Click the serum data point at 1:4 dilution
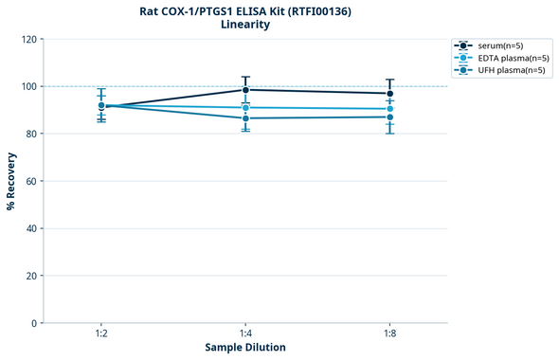tap(245, 90)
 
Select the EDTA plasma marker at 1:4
tap(245, 108)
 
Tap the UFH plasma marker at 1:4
tap(245, 118)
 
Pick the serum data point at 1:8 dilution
tap(390, 94)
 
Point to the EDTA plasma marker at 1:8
tap(390, 109)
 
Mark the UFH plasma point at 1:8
tap(390, 117)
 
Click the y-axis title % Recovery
tap(11, 181)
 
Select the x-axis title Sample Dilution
tap(245, 348)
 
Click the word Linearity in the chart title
tap(245, 25)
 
